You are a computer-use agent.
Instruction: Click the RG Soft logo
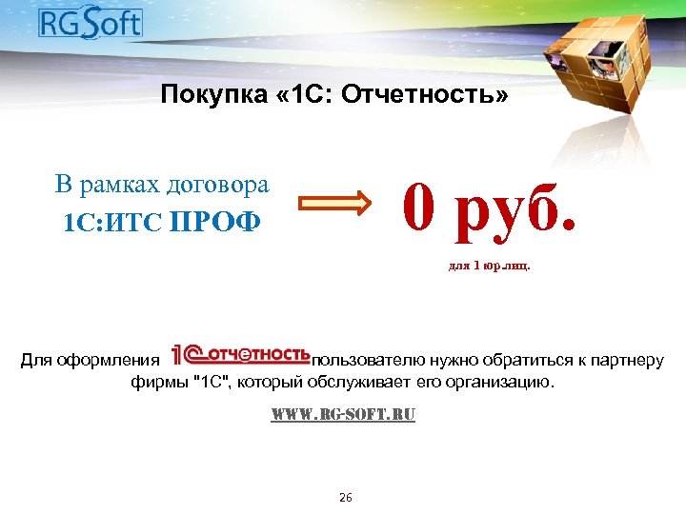[x=90, y=22]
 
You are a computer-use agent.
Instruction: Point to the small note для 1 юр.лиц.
[x=489, y=267]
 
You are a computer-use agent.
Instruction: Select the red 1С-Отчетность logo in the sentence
[x=240, y=356]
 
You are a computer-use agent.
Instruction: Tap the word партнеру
[x=626, y=361]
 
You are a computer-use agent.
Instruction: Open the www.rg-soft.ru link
[x=343, y=416]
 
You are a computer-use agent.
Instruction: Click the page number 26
[x=345, y=498]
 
